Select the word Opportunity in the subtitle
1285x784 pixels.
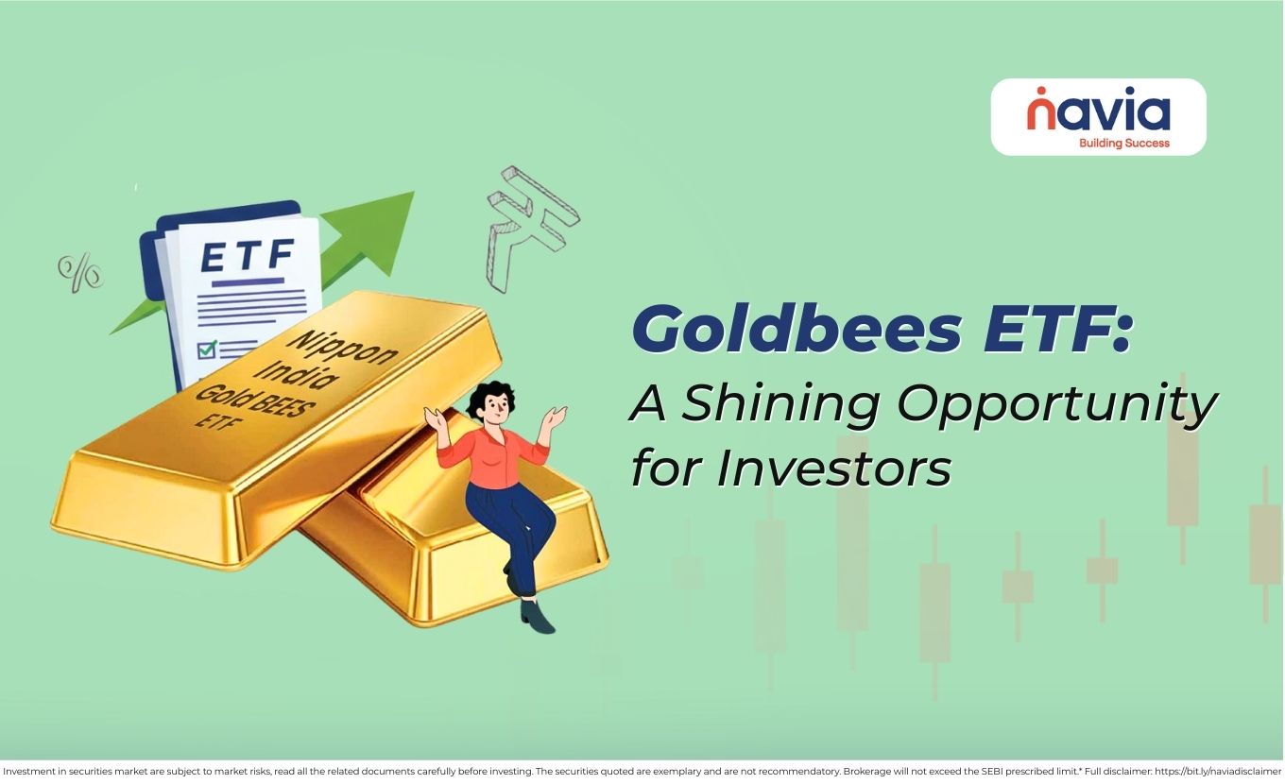pyautogui.click(x=1056, y=403)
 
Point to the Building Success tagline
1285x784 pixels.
pyautogui.click(x=1123, y=144)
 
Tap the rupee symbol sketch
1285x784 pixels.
pyautogui.click(x=529, y=226)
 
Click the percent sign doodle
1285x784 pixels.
pyautogui.click(x=80, y=271)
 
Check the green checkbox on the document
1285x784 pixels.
pyautogui.click(x=206, y=349)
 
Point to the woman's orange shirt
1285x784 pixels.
pyautogui.click(x=493, y=458)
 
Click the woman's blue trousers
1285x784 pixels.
pyautogui.click(x=516, y=529)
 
